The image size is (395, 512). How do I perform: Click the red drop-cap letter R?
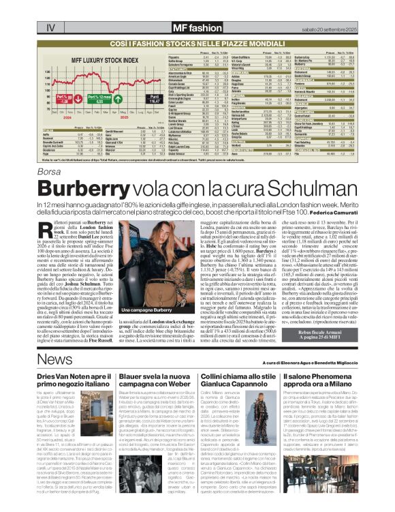53,231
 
